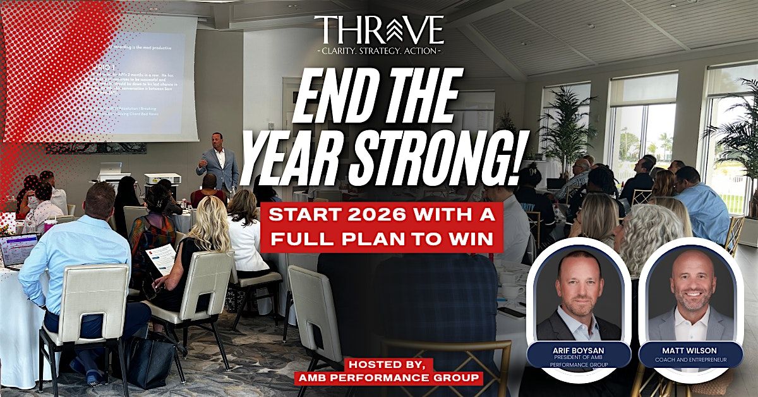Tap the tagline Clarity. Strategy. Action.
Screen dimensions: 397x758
(378, 50)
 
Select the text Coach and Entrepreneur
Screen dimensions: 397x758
(690, 360)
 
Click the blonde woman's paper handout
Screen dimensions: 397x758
(160, 258)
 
